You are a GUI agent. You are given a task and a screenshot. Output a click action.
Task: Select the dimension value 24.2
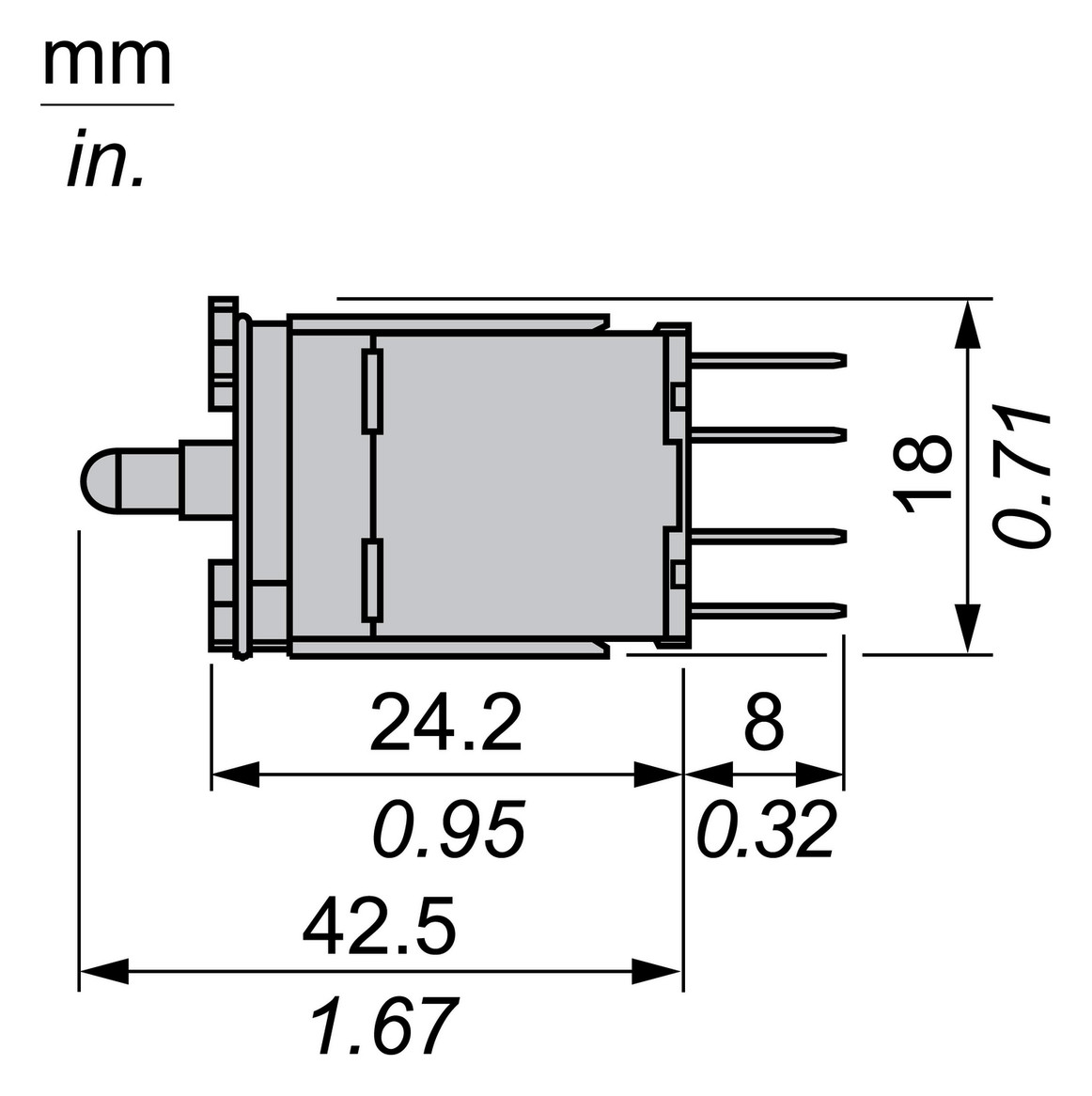tap(445, 722)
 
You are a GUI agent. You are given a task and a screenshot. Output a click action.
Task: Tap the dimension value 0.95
tap(447, 829)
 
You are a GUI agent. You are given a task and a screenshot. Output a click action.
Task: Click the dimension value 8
tap(763, 722)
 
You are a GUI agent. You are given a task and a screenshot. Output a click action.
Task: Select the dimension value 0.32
tap(766, 829)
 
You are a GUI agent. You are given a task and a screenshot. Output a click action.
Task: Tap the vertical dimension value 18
tap(925, 474)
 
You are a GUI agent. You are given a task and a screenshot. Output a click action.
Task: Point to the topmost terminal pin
tap(767, 359)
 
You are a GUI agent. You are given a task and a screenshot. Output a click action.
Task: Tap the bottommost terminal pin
tap(767, 609)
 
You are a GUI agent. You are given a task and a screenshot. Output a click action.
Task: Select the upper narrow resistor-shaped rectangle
tap(373, 392)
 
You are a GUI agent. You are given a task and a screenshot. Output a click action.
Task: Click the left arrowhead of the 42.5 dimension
tap(103, 971)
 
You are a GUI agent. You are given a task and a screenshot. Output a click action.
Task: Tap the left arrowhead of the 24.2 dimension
tap(235, 775)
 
